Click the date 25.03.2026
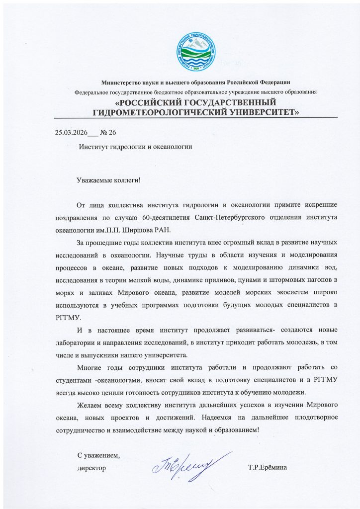(x=71, y=132)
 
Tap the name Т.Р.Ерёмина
(x=268, y=468)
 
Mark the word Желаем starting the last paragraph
(x=90, y=405)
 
